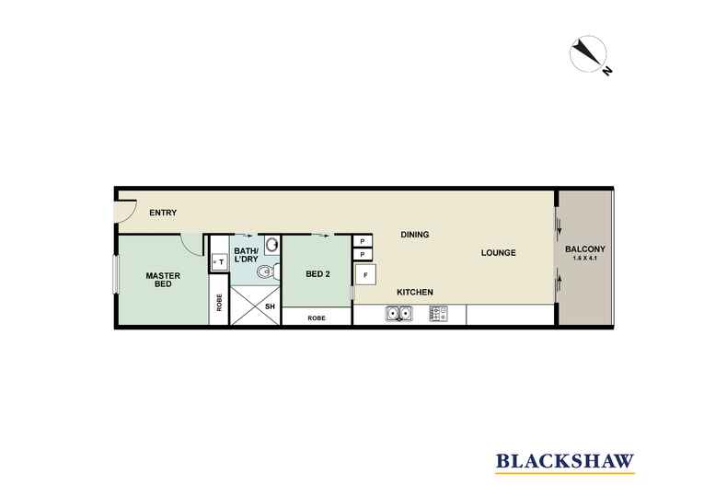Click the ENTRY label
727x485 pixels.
(163, 213)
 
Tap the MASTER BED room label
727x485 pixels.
(163, 280)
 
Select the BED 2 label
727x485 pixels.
(317, 274)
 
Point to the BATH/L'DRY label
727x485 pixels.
(246, 255)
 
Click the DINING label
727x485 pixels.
(414, 235)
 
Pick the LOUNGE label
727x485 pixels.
(499, 253)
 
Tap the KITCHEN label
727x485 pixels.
(415, 292)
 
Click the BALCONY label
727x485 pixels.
(585, 249)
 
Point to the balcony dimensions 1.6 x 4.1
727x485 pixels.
(585, 258)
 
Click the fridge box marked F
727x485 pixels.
(365, 274)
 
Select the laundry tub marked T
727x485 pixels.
(219, 262)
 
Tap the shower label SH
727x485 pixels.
(270, 306)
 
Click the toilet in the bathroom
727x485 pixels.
(268, 271)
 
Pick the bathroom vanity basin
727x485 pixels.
(272, 245)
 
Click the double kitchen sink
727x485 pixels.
(399, 314)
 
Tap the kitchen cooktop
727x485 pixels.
(439, 314)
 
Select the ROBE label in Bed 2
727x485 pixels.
(317, 318)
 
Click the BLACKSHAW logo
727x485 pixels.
(565, 462)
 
